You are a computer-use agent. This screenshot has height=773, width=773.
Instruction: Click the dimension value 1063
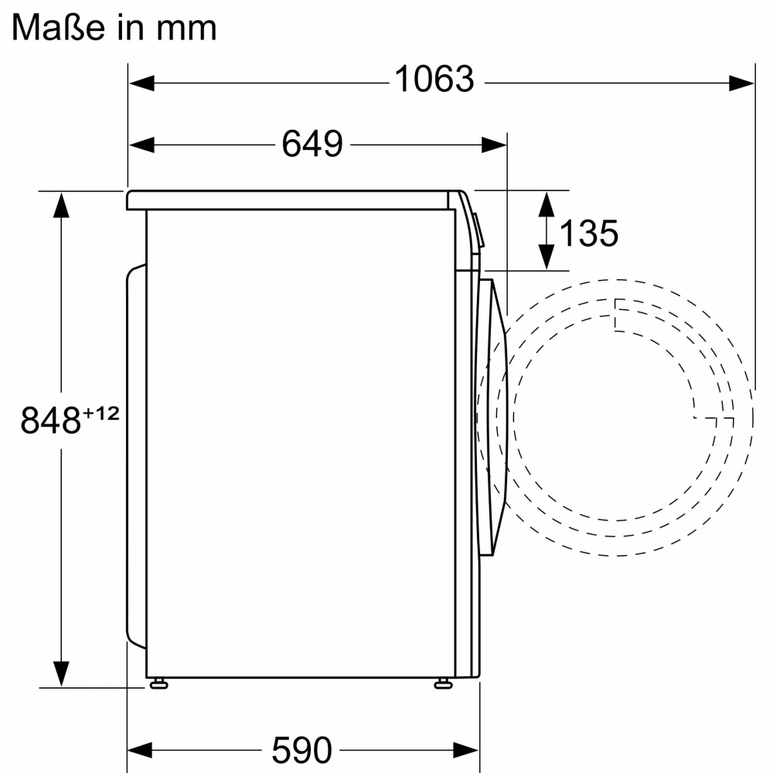[434, 79]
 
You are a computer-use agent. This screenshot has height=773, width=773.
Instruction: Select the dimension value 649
[312, 144]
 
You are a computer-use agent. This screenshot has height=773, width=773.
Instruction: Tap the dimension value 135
[588, 233]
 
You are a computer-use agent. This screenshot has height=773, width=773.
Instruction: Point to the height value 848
[50, 420]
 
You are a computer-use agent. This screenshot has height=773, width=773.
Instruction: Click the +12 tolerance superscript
[101, 413]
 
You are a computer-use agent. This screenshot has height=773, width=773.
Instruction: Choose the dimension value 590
[301, 750]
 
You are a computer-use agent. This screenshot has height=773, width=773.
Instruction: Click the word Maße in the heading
[58, 27]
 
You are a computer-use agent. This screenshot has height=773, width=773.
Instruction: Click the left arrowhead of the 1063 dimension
[141, 83]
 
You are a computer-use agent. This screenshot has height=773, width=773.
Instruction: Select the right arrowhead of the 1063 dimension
[741, 83]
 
